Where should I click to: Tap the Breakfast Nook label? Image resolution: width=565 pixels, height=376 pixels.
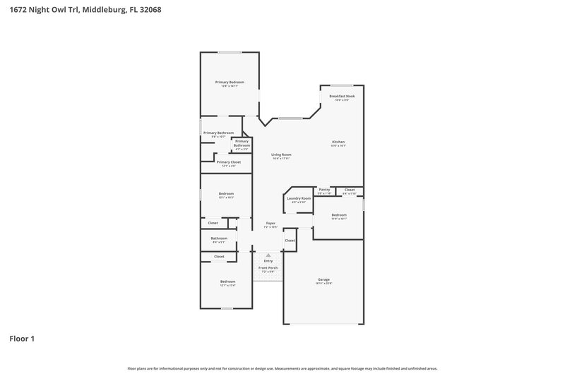342,96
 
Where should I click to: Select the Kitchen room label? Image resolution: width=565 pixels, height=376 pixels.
339,142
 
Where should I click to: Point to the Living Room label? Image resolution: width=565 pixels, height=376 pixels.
281,154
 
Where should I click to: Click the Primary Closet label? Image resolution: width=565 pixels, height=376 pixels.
228,162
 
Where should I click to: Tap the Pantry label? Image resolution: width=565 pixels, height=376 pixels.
324,189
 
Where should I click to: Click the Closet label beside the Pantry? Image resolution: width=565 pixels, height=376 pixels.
349,189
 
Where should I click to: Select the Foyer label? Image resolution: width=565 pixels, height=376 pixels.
270,223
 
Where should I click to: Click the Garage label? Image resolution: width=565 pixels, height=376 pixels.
323,280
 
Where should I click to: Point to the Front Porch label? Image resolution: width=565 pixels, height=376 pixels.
268,268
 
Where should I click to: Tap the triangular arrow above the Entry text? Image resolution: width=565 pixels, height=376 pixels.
268,255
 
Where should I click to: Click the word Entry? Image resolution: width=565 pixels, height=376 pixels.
268,261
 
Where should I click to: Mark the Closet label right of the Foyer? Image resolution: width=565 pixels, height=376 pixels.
290,241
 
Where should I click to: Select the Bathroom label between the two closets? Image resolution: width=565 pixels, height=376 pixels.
219,238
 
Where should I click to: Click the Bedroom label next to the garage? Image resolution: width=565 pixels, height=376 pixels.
339,214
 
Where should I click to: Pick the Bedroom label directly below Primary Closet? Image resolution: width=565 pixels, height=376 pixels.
226,194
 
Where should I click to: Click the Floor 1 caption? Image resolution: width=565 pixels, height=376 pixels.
21,339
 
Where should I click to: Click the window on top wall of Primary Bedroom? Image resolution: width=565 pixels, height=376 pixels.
229,52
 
